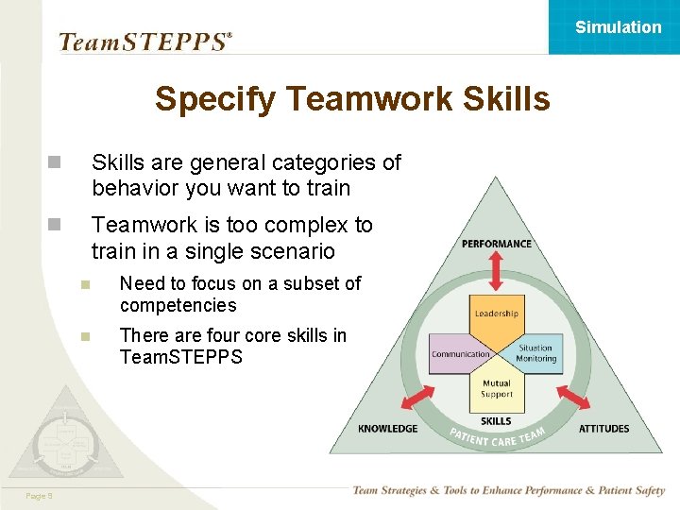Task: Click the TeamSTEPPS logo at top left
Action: coord(144,42)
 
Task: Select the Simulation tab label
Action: coord(618,27)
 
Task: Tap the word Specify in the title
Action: coord(215,98)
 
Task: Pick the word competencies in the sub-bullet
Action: coord(178,305)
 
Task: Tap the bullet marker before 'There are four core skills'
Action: coord(85,335)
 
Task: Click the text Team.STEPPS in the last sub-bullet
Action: coord(180,357)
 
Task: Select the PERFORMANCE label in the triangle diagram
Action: coord(496,244)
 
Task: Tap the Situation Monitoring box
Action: coord(535,353)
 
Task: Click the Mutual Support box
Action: coord(496,389)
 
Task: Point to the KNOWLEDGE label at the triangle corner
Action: coord(387,429)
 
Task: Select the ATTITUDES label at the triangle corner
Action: coord(603,429)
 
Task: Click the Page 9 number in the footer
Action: coord(39,495)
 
